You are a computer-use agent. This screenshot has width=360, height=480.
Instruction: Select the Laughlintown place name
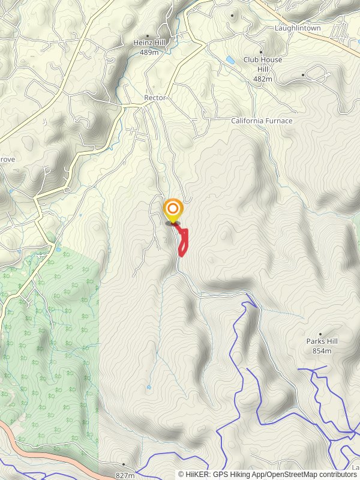(x=298, y=28)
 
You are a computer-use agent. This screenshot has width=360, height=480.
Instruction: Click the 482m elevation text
(x=263, y=79)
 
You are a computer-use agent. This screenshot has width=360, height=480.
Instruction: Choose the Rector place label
(x=155, y=98)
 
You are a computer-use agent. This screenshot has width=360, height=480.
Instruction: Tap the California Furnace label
(x=262, y=121)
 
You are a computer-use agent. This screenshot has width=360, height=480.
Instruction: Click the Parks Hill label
(x=322, y=341)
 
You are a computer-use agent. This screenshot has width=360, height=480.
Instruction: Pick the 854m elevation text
(x=322, y=350)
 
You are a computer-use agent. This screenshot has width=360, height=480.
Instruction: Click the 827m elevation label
(x=125, y=475)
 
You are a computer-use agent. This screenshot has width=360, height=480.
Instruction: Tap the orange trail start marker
(x=173, y=209)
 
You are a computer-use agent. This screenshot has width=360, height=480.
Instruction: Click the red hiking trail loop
(x=185, y=242)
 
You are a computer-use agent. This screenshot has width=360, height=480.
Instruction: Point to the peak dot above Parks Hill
(x=320, y=334)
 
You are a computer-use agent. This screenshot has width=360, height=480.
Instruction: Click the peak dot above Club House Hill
(x=261, y=52)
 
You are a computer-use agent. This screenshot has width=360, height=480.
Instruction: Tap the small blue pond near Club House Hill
(x=230, y=60)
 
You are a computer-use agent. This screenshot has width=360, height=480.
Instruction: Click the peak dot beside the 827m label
(x=124, y=464)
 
